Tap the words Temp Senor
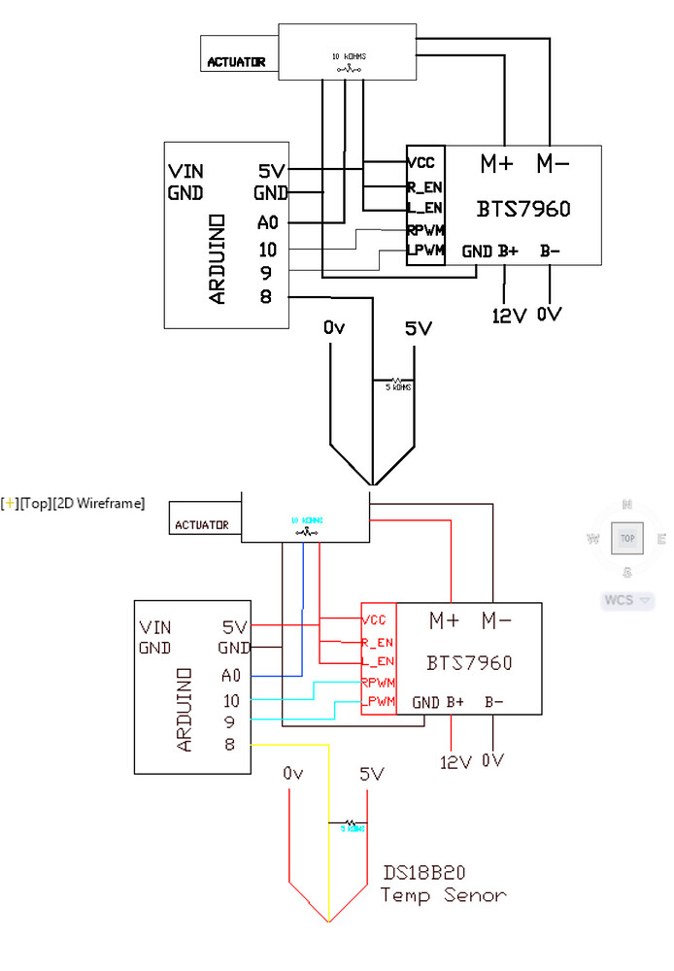[443, 894]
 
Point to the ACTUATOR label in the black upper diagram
[236, 62]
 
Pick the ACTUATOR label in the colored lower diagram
[201, 525]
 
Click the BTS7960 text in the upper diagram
[523, 209]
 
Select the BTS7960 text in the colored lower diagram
[469, 663]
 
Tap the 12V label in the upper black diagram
[509, 317]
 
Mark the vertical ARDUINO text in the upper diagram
[218, 260]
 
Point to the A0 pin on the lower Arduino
[230, 675]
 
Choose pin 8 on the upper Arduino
[266, 296]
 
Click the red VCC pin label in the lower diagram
[374, 619]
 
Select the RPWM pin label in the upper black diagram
[425, 231]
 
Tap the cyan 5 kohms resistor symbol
[352, 825]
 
